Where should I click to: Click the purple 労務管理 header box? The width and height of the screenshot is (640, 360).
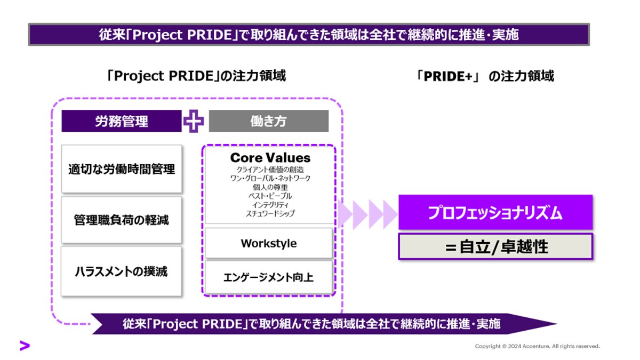coord(122,122)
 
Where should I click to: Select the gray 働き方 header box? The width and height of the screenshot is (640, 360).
coord(268,122)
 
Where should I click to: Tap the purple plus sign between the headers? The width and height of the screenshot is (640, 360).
coord(194,122)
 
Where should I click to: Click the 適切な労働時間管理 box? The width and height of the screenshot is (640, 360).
coord(122,169)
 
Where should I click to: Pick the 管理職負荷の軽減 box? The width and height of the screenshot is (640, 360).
coord(122,219)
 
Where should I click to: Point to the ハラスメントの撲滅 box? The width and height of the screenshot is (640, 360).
coord(122,271)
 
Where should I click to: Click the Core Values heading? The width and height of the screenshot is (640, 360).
coord(270,158)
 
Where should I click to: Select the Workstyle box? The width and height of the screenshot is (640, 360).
coord(269,243)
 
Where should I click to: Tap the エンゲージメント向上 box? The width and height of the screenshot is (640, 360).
coord(269,276)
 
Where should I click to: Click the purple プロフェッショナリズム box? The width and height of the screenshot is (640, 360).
coord(495,213)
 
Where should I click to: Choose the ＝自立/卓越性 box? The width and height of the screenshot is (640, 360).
coord(495,246)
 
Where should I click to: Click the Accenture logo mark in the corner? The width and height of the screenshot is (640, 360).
coord(25,346)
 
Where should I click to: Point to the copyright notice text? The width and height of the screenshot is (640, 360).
coord(537,346)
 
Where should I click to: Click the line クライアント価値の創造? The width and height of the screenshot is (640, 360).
coord(270,169)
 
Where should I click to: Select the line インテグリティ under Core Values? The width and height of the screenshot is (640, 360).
coord(270,205)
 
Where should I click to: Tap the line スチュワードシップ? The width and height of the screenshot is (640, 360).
coord(270,213)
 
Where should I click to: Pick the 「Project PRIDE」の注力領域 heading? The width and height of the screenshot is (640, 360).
coord(196,76)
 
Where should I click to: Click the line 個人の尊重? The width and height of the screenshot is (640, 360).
coord(270,187)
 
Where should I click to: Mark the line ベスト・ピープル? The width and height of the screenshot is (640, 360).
coord(270,196)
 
